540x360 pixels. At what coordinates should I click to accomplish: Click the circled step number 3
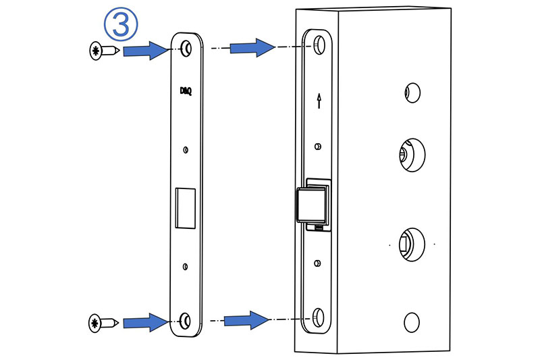[x=122, y=25]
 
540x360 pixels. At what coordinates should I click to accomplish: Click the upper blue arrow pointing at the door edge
[x=251, y=47]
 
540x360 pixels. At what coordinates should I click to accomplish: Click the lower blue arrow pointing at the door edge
[x=245, y=319]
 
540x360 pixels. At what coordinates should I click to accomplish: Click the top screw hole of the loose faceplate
[x=186, y=48]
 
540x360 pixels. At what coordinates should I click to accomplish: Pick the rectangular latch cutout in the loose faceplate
[x=185, y=208]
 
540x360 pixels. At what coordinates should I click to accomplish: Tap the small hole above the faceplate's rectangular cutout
[x=186, y=149]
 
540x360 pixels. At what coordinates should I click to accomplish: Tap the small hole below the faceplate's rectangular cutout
[x=186, y=265]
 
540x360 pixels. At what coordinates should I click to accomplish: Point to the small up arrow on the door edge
[x=319, y=101]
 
